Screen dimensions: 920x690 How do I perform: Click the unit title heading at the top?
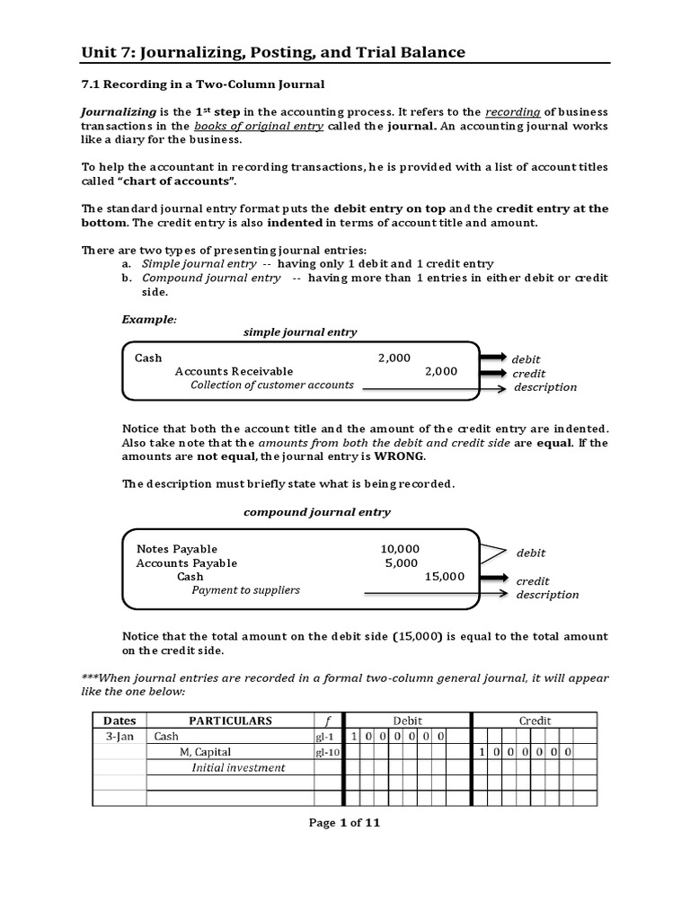[273, 52]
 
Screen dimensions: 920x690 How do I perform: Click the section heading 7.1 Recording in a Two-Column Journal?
[203, 84]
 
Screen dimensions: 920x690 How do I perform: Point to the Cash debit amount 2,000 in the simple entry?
[394, 358]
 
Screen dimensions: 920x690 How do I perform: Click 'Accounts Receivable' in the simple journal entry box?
[234, 371]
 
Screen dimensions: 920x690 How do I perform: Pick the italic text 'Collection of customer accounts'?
[271, 385]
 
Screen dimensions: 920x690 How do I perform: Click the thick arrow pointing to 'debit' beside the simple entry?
[492, 358]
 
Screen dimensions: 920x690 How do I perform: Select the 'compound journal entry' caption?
[317, 512]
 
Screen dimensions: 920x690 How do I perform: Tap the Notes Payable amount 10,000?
[400, 549]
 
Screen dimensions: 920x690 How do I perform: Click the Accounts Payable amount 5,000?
[402, 563]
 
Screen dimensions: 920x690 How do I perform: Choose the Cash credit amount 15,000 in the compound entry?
[445, 577]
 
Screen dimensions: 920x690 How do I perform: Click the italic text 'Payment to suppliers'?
[245, 590]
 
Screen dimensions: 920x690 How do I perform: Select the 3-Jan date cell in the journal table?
[119, 736]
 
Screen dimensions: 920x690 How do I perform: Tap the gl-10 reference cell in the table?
[327, 752]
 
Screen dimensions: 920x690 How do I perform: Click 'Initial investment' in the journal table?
[238, 768]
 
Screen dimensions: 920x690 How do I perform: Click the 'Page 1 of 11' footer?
[344, 823]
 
